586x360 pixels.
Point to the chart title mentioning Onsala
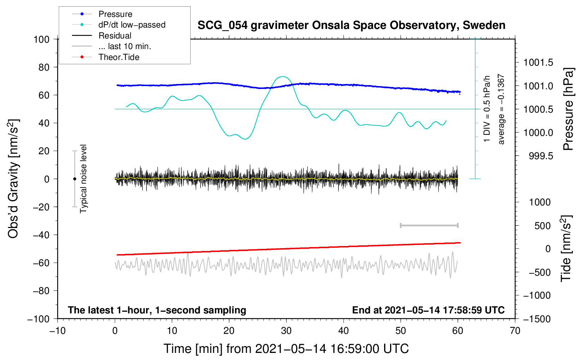coord(351,25)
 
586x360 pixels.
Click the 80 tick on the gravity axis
coord(44,67)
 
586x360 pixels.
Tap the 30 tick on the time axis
coord(286,331)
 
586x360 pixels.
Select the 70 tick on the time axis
coord(515,331)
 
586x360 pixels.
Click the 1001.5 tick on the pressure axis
coord(538,63)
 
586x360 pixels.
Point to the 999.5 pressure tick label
coord(541,156)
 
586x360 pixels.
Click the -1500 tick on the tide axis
coord(537,319)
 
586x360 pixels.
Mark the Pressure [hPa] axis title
coord(569,109)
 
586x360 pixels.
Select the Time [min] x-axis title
coord(286,349)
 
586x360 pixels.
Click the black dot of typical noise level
coord(74,179)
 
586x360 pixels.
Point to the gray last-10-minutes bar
coord(429,225)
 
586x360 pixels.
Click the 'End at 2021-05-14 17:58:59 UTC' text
coord(428,310)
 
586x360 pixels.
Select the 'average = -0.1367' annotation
coord(501,109)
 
